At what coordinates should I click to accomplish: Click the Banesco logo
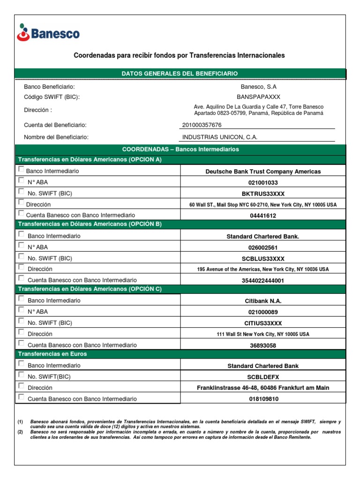click(48, 32)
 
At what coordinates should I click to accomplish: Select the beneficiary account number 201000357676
click(202, 125)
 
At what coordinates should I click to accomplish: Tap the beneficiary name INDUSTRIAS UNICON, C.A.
click(220, 137)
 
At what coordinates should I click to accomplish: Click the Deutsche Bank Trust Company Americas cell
click(262, 172)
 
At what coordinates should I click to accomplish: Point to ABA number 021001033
click(262, 183)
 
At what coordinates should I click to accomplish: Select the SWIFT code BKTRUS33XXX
click(262, 194)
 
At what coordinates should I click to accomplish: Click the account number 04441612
click(262, 216)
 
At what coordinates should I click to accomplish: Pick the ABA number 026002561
click(262, 247)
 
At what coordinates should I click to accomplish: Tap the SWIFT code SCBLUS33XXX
click(262, 259)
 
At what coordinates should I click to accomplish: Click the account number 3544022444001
click(262, 280)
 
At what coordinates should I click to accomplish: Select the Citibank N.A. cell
click(262, 301)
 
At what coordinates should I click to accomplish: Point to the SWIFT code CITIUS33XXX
click(262, 323)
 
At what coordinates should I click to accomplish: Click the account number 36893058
click(262, 345)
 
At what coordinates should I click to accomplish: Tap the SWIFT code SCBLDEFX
click(262, 376)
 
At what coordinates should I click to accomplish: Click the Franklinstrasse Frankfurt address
click(262, 388)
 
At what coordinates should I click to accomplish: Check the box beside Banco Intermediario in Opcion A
click(21, 170)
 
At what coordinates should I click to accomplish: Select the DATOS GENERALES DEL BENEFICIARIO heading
click(180, 74)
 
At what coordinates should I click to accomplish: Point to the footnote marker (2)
click(20, 431)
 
